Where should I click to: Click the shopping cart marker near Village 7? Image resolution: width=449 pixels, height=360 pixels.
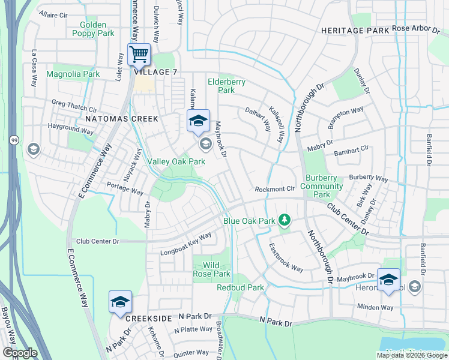coord(139,55)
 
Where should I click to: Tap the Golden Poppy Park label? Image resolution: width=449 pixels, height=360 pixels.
coord(93,29)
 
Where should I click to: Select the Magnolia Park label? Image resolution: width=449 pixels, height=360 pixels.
coord(73,74)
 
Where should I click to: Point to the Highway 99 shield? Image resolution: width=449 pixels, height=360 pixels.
coord(13,140)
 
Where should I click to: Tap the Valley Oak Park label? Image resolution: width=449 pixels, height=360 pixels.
coord(176,161)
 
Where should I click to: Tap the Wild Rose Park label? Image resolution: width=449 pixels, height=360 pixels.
coord(212,269)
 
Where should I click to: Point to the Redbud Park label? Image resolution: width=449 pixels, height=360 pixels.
coord(240,287)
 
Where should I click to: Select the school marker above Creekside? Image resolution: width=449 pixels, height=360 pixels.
coord(120,302)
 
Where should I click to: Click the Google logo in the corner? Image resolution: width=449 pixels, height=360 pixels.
coord(20,353)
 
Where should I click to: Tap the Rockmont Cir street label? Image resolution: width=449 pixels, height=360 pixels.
coord(274,188)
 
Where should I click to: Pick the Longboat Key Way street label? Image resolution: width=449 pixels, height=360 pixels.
coord(185,244)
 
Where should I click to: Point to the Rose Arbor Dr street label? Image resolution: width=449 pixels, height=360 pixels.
coord(417,28)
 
